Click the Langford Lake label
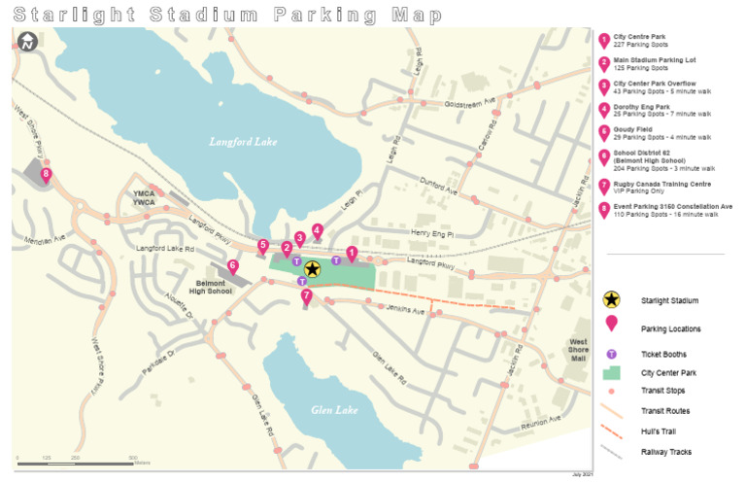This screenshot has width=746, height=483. click(243, 142)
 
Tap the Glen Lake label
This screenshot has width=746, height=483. click(334, 410)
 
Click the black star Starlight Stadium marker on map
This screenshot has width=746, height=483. click(312, 270)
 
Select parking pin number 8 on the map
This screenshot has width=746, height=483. click(45, 175)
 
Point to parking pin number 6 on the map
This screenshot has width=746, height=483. click(232, 265)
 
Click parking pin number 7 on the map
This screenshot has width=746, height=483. click(306, 295)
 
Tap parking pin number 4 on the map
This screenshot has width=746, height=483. click(318, 230)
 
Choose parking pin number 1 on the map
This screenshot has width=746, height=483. click(352, 252)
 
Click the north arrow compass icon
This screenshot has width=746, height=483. click(27, 42)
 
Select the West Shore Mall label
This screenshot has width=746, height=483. click(578, 349)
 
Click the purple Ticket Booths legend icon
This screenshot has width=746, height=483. click(612, 355)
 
